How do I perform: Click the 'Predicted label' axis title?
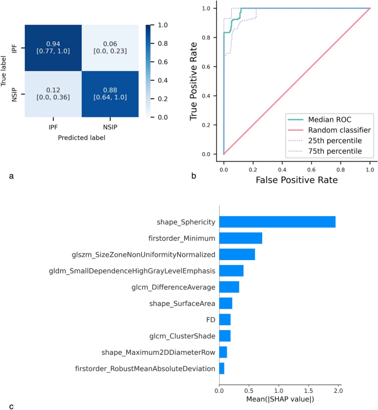coord(82,138)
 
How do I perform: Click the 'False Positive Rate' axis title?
coord(296,179)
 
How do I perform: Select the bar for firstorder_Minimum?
coord(241,238)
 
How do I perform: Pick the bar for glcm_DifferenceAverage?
coord(229,287)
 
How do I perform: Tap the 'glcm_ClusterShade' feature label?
coord(183,336)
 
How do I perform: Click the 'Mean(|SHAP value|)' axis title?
coord(280,400)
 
